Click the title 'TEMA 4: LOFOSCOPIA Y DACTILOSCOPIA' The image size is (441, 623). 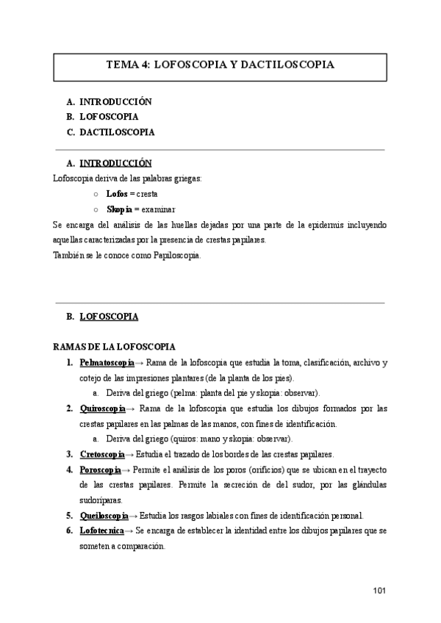tap(220, 65)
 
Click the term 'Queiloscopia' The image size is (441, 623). tap(104, 515)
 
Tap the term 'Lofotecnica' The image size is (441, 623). tap(102, 530)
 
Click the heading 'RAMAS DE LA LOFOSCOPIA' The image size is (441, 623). tap(114, 346)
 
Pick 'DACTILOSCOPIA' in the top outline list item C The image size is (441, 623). tap(117, 132)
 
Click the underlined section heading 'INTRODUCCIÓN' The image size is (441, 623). tap(115, 162)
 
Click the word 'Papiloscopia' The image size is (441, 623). tap(175, 255)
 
